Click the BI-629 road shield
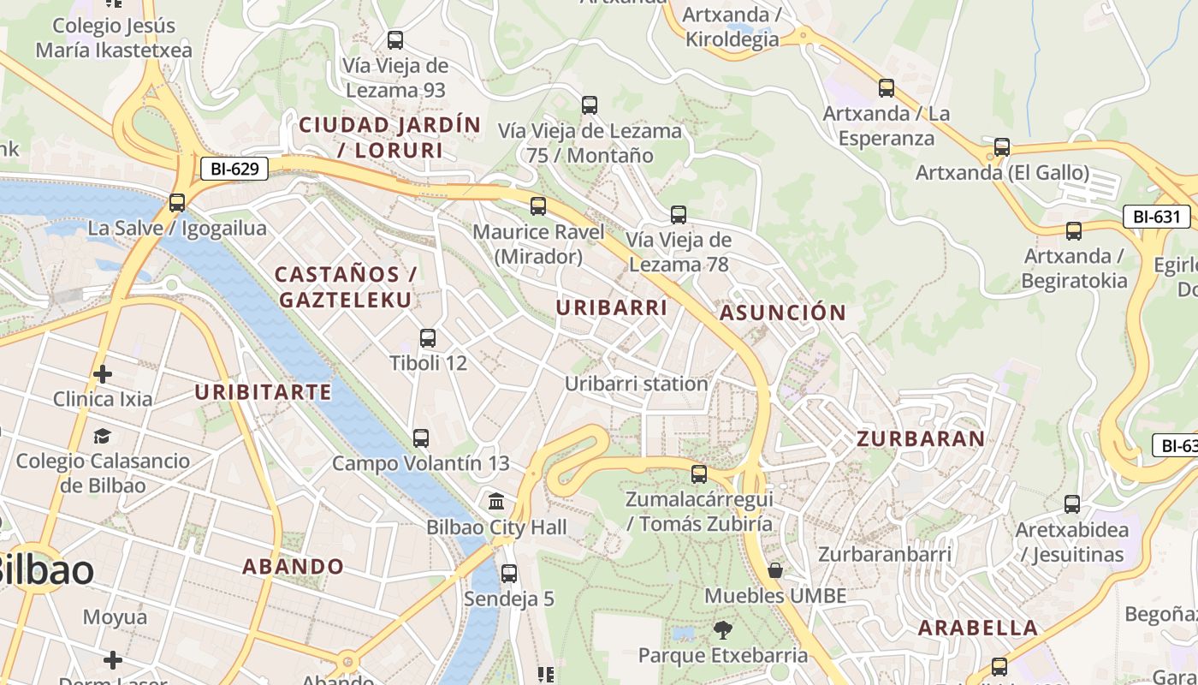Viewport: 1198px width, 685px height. click(x=234, y=169)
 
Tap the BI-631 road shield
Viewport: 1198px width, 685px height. click(x=1156, y=217)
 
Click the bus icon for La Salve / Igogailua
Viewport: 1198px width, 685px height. click(x=177, y=203)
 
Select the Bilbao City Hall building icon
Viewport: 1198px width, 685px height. click(x=496, y=501)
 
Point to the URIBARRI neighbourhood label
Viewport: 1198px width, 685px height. click(x=611, y=307)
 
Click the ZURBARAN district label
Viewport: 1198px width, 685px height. click(x=921, y=439)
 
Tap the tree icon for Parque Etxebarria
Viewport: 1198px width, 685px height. click(x=723, y=630)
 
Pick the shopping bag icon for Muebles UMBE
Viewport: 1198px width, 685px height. click(x=775, y=570)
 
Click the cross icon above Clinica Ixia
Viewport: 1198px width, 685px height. click(x=103, y=374)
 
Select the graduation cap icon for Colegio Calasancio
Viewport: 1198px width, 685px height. click(x=103, y=436)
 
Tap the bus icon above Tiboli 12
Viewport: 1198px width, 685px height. click(x=428, y=338)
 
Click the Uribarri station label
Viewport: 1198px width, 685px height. click(x=636, y=384)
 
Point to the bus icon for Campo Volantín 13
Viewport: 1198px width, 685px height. click(x=420, y=438)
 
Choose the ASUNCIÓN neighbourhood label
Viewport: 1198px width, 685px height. click(x=782, y=313)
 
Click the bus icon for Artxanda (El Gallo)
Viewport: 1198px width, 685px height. click(x=1002, y=147)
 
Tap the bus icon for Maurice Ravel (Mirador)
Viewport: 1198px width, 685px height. click(x=538, y=206)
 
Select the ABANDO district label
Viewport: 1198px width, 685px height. click(x=293, y=566)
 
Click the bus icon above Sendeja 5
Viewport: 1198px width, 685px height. click(x=509, y=574)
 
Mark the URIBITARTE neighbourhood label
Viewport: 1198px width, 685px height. click(x=263, y=392)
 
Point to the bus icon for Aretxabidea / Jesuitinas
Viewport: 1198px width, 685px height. click(x=1072, y=504)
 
